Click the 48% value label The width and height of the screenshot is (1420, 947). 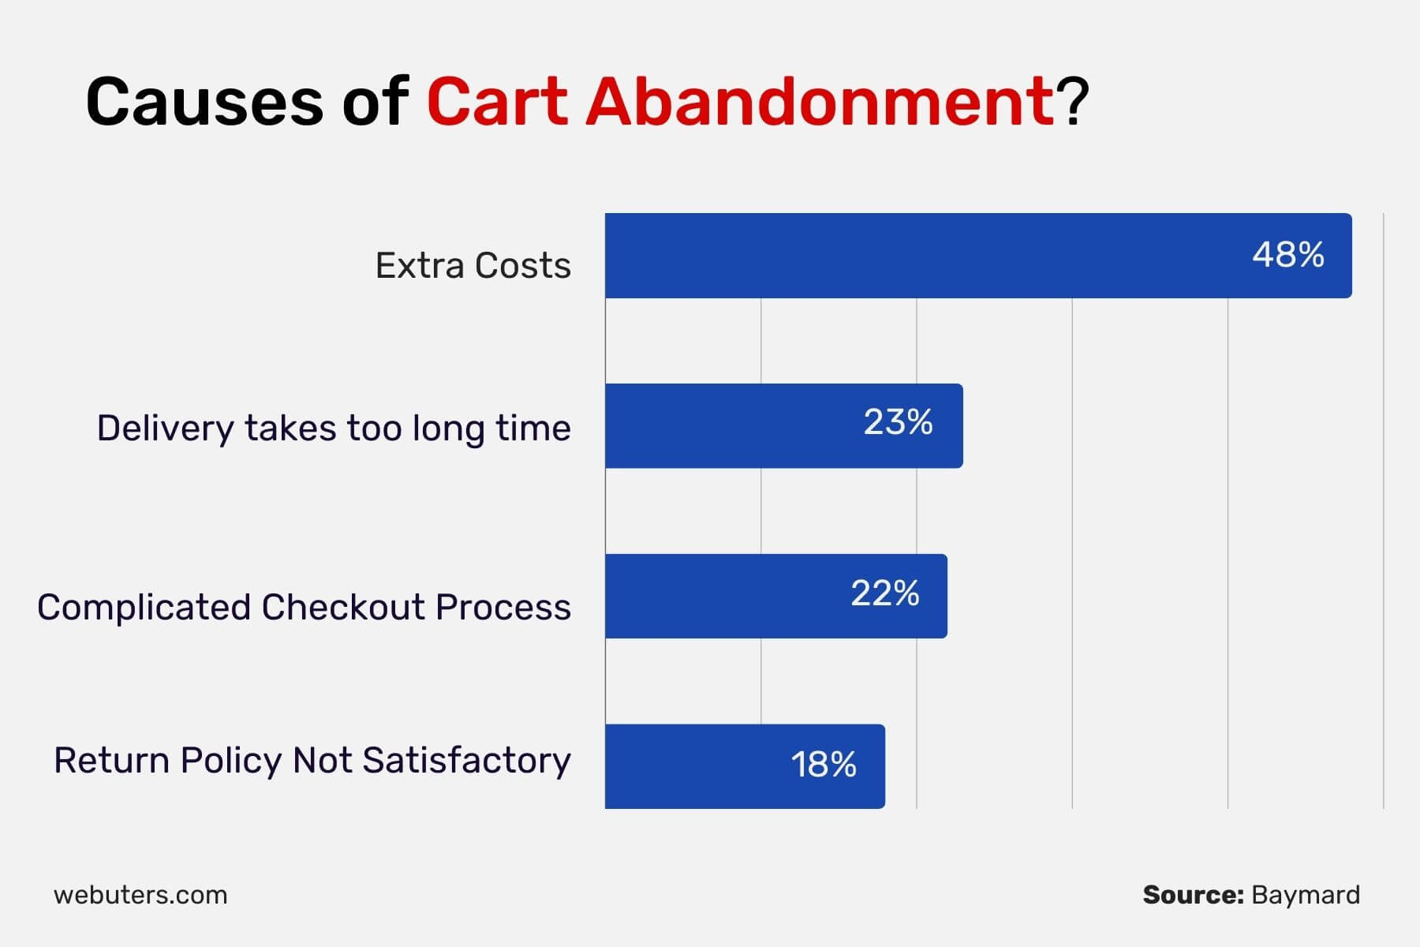coord(1288,255)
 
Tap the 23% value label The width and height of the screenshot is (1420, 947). coord(898,422)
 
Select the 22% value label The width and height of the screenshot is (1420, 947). coord(884,593)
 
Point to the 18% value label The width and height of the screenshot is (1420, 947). coord(824,764)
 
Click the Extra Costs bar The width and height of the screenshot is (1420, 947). coord(978,256)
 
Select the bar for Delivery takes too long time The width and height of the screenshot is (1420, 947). coord(784,426)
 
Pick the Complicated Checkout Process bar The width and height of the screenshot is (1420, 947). coord(776,596)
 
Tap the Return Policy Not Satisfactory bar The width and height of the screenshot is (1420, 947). coord(745,766)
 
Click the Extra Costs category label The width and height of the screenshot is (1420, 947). coord(473,265)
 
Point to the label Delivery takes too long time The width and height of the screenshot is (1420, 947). coord(334,429)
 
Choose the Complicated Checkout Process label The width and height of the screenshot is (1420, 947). coord(304,607)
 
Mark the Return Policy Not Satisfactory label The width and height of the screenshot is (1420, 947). coord(312,761)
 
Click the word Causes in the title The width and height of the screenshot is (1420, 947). coord(204,102)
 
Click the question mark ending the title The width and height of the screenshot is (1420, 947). coord(1073,101)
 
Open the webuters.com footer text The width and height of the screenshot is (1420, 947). coord(140,895)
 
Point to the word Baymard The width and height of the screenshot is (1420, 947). coord(1306,896)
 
